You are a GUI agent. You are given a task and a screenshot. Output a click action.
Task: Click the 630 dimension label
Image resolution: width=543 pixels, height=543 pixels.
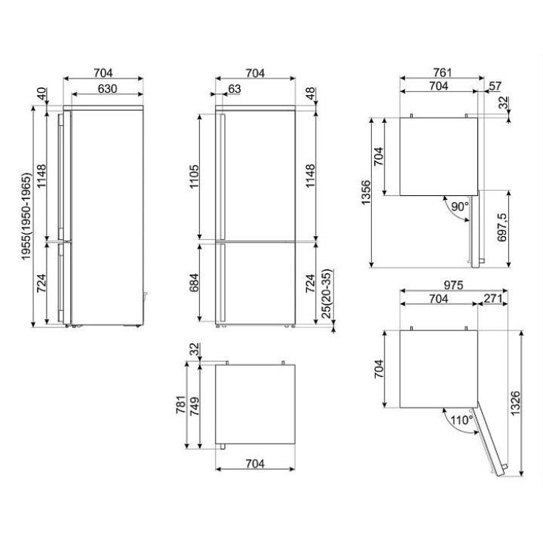(x=107, y=89)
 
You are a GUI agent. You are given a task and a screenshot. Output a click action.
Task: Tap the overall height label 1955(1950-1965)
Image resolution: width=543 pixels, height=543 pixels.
(x=26, y=216)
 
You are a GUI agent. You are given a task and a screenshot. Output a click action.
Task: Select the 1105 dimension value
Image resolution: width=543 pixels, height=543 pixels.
(x=195, y=176)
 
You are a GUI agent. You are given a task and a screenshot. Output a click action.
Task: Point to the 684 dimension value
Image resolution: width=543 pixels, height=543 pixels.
(x=195, y=283)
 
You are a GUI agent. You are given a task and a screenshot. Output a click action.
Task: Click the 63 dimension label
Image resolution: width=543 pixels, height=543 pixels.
(x=235, y=89)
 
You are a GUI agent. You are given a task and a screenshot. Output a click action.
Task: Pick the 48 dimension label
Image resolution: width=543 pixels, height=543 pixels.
(x=310, y=94)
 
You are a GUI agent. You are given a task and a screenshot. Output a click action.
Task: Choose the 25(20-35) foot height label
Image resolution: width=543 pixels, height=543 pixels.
(x=327, y=293)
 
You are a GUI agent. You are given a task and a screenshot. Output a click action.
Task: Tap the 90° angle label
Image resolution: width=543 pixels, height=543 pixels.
(x=459, y=207)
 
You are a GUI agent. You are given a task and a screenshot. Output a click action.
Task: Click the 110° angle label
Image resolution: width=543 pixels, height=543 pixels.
(x=462, y=420)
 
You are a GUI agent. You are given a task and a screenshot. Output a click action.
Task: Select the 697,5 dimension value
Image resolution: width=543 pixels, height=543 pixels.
(x=502, y=227)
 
